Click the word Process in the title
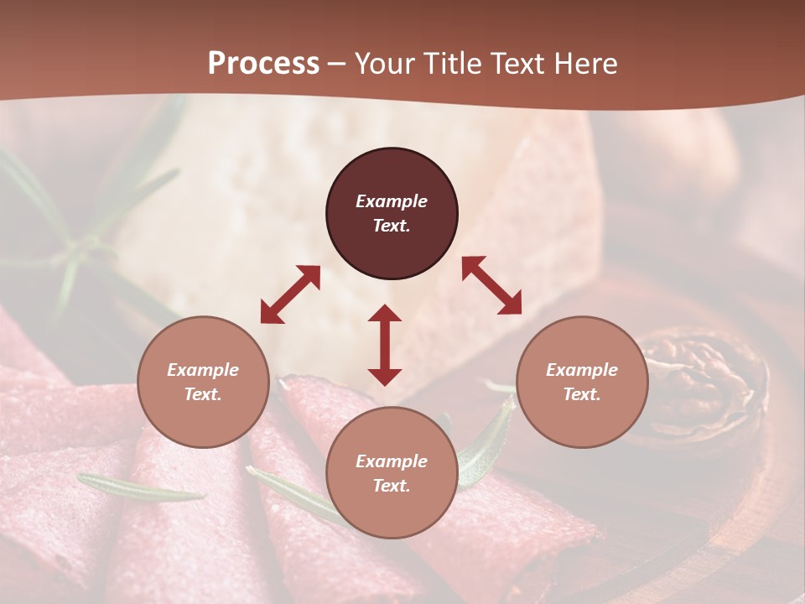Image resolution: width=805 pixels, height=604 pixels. pos(263,64)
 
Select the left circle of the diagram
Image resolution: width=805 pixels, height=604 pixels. pos(203,382)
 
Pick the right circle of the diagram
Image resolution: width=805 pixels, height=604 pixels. pos(582,382)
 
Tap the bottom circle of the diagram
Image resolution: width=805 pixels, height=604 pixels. pos(392,473)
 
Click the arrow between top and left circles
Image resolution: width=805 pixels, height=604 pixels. pos(290,294)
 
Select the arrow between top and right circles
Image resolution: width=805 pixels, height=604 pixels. pos(491,285)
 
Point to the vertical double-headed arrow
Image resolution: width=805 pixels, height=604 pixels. pos(385,345)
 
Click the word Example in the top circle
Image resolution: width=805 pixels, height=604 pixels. pos(392,201)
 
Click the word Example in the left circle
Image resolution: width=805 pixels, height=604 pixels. pos(203,370)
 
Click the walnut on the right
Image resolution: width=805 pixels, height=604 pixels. pos(704,382)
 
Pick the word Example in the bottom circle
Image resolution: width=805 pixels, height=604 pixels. pos(392,461)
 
